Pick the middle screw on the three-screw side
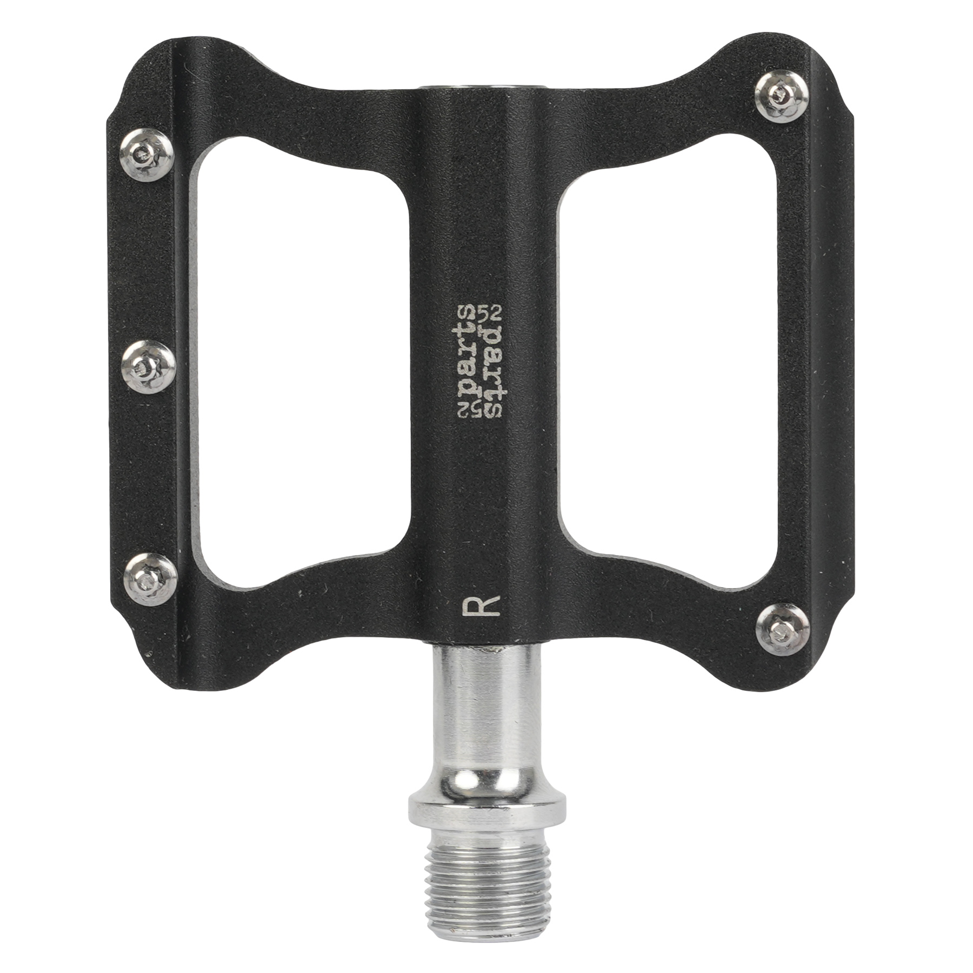(x=148, y=368)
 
